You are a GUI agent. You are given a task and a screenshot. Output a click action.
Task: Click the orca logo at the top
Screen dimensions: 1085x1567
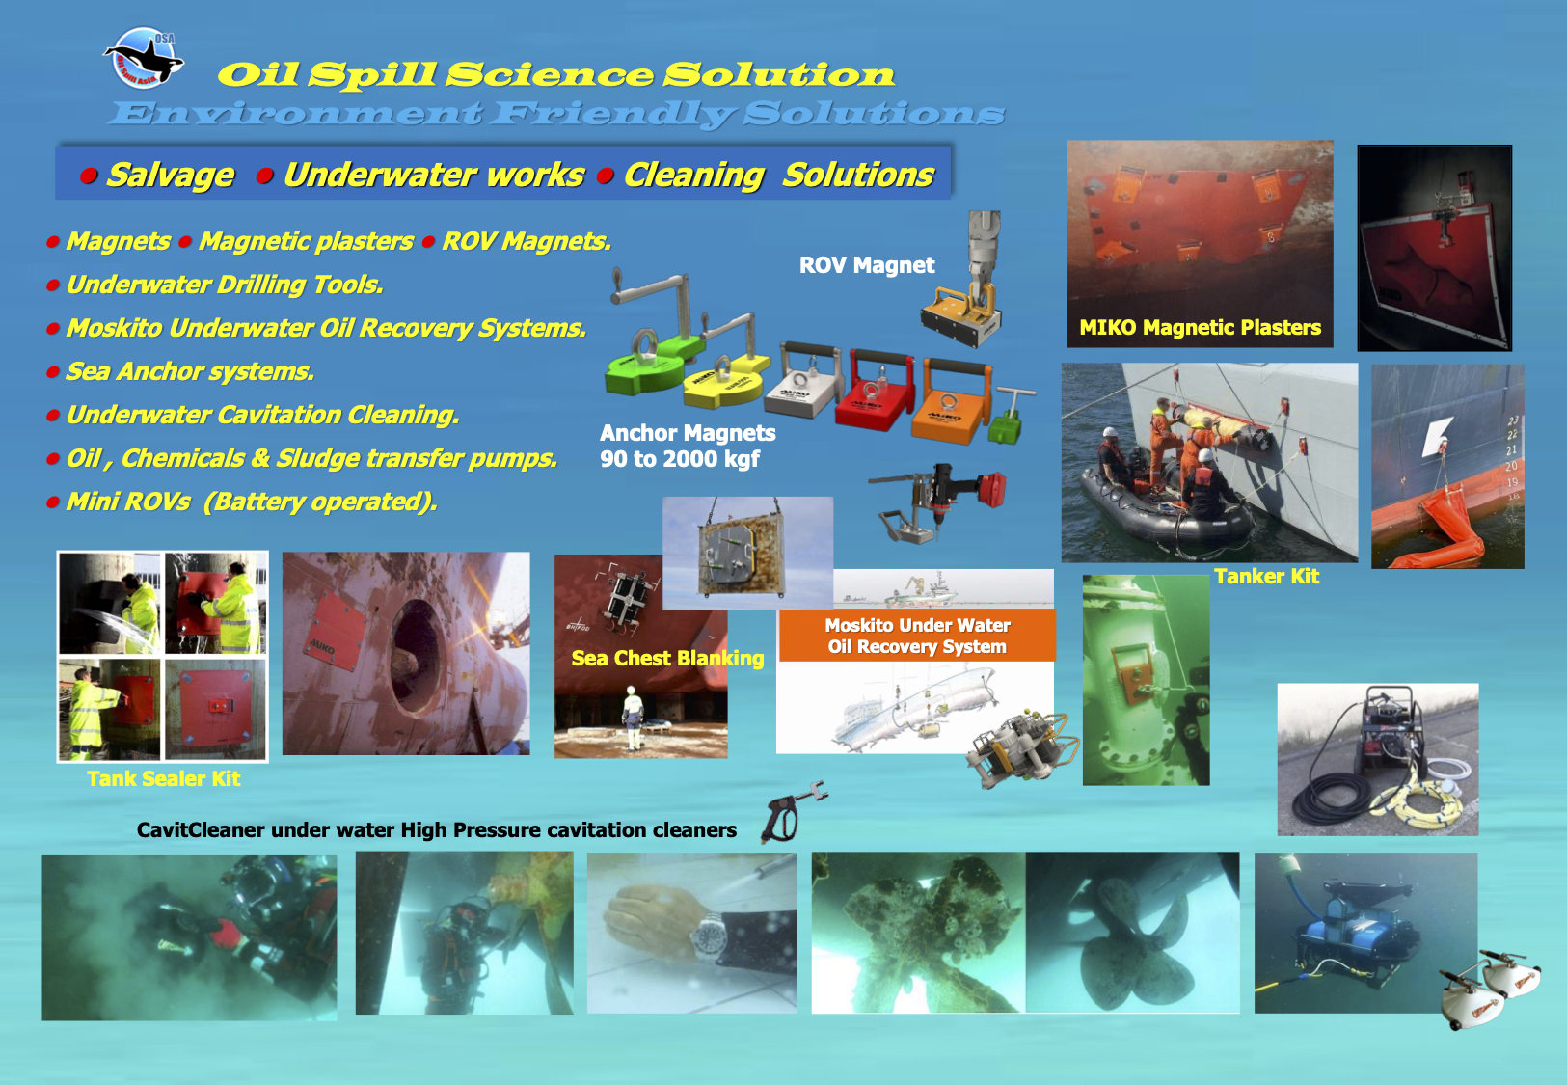145,59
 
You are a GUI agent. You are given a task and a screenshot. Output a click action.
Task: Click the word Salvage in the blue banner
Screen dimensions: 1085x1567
170,175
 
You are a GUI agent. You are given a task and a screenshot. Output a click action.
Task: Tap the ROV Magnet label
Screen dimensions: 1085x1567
866,265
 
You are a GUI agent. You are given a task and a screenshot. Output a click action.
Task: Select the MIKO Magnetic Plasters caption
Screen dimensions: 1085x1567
1200,328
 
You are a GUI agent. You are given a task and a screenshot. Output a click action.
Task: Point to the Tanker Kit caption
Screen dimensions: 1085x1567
1266,577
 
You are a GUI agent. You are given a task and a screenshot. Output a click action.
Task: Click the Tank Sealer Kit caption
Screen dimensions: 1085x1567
164,779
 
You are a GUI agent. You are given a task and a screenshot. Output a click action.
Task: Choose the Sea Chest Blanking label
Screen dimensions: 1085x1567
667,659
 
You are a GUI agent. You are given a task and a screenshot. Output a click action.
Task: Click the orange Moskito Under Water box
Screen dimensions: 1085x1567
917,636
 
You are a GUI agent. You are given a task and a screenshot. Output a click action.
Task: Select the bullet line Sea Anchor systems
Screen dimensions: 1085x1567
190,371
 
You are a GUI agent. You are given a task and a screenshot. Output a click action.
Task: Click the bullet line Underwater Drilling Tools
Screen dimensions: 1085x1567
225,285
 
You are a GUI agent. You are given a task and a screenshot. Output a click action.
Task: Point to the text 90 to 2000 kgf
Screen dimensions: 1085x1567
680,459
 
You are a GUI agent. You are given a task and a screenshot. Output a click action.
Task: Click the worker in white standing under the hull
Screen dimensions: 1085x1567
633,717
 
